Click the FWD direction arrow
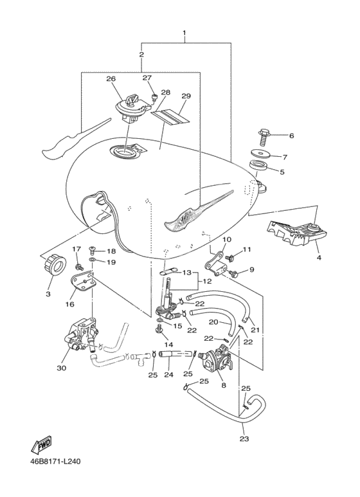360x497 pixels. [x=41, y=446]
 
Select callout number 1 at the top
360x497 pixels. [x=184, y=33]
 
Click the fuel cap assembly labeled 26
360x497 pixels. [x=132, y=108]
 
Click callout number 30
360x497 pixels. [x=62, y=368]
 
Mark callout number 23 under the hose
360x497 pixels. [x=244, y=439]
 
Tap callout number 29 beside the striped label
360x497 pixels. [x=186, y=96]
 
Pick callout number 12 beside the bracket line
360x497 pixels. [x=208, y=281]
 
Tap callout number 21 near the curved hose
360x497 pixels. [x=255, y=330]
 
